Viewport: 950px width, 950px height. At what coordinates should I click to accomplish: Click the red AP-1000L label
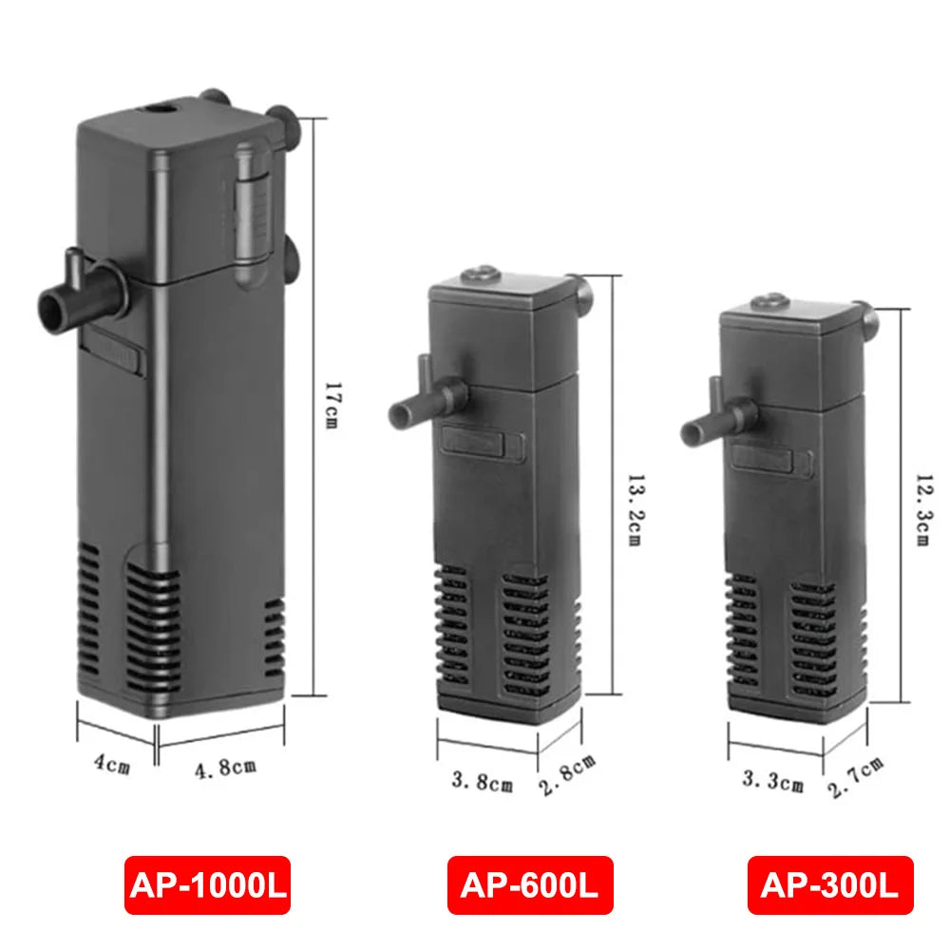207,885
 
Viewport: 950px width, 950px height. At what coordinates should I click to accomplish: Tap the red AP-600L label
530,885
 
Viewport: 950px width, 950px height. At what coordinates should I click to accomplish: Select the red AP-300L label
829,885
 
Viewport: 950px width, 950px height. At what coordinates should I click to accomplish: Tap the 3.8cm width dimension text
482,783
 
